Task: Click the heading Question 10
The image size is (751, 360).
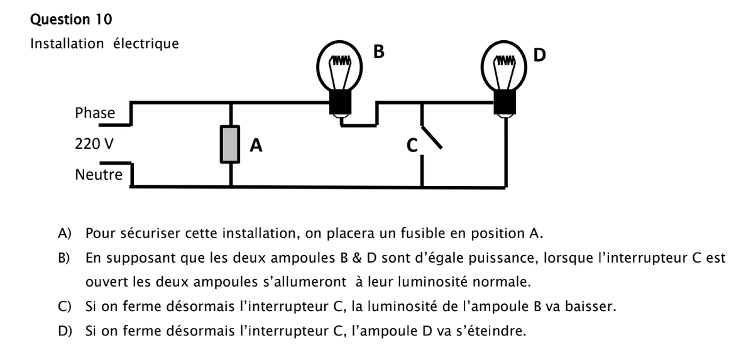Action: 71,19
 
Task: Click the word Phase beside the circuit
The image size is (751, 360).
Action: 95,113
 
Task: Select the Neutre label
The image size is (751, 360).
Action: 99,174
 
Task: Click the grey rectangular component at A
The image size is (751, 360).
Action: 231,145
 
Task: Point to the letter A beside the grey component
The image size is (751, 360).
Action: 256,146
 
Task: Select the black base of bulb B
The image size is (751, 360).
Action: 341,101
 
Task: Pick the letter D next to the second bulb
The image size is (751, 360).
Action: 540,55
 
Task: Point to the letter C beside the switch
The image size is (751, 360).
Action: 412,146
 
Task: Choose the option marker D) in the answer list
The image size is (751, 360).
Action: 65,330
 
